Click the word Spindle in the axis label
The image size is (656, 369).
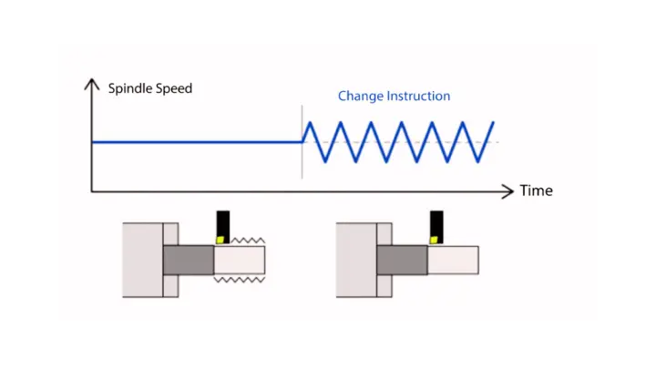(130, 89)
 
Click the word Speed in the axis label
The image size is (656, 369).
(173, 89)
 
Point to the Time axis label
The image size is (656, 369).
(536, 191)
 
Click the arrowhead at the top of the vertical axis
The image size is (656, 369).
(91, 85)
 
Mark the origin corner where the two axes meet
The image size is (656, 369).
(91, 190)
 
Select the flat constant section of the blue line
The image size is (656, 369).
(196, 141)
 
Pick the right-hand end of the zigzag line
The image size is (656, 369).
(494, 121)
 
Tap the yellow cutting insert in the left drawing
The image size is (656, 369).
(220, 240)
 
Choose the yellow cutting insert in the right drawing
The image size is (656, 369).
(436, 239)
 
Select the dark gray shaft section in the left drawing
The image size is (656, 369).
(188, 261)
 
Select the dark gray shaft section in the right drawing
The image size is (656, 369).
(402, 261)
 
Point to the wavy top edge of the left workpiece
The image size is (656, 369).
(240, 242)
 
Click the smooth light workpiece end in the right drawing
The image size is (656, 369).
(453, 261)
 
